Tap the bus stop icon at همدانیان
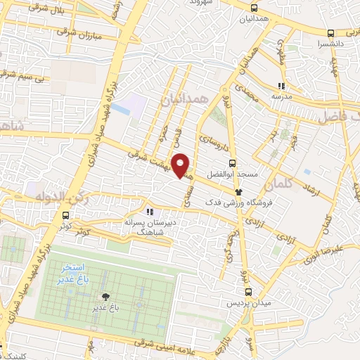(253, 8)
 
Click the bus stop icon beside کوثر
(65, 216)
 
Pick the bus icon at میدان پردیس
(247, 292)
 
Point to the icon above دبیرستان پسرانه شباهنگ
(148, 211)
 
